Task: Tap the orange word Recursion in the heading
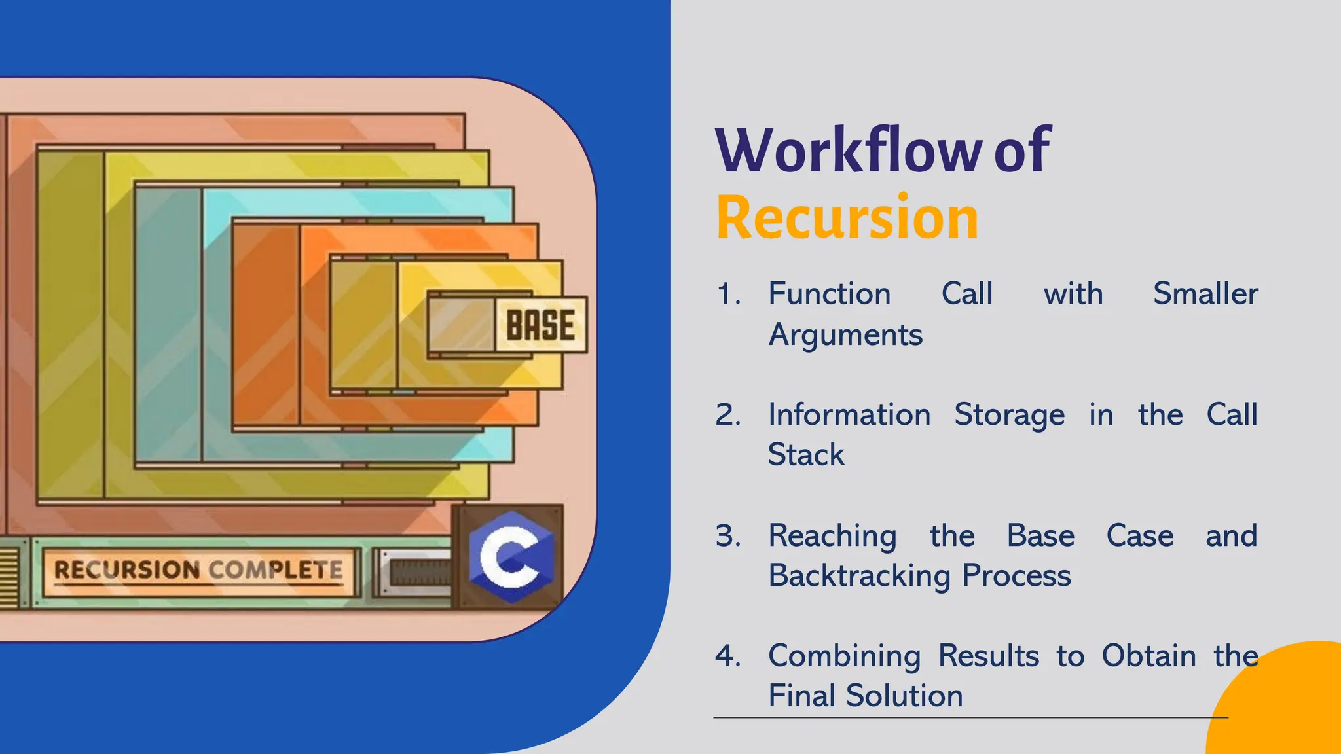[x=847, y=219]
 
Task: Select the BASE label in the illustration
[x=540, y=325]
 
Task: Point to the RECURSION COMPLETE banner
[x=198, y=570]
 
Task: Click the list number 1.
[x=728, y=294]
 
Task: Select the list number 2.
[x=728, y=415]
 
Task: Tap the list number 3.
[x=728, y=536]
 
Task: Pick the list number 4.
[x=728, y=656]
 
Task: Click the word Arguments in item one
[x=845, y=335]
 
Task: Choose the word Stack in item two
[x=806, y=455]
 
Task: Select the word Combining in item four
[x=844, y=656]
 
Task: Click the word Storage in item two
[x=1009, y=415]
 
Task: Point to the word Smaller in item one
[x=1205, y=294]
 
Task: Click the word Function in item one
[x=829, y=294]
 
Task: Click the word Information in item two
[x=849, y=415]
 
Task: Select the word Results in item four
[x=988, y=656]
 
